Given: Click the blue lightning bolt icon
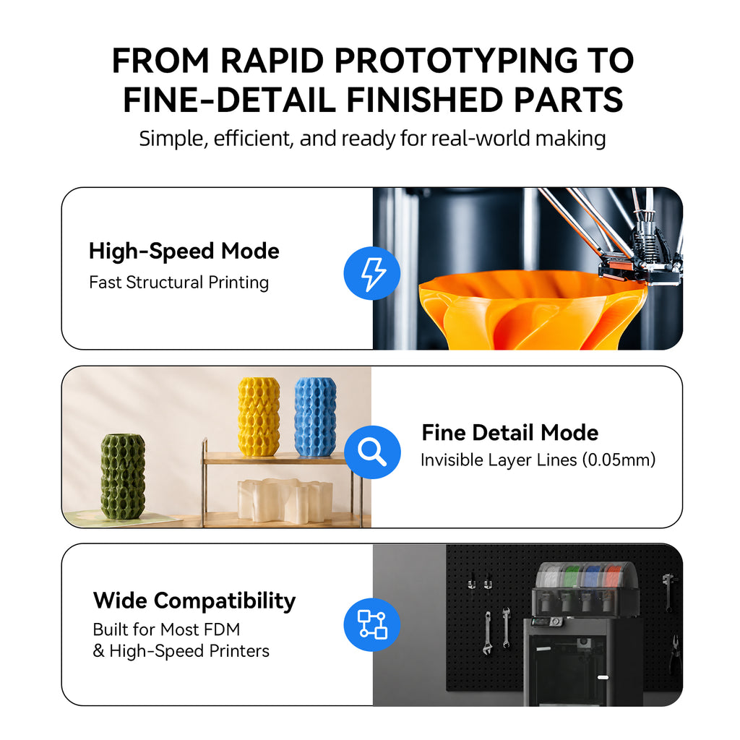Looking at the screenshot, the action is tap(372, 273).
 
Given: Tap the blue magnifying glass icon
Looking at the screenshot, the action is tap(372, 452).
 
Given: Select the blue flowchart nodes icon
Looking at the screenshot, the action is tap(372, 624).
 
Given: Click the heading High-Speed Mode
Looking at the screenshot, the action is tap(184, 251).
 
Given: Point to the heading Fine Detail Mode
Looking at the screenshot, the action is tap(509, 432).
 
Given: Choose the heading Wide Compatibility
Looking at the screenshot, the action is tap(194, 601).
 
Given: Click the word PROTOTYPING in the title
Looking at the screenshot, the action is tap(456, 61).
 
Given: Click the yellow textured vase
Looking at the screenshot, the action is tap(258, 417).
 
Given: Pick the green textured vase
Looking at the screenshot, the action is tap(123, 477).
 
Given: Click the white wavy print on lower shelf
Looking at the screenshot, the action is tap(285, 500).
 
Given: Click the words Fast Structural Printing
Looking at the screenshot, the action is tap(179, 283).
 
